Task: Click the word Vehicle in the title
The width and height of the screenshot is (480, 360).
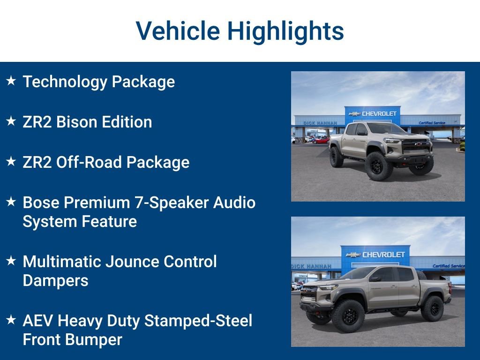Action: [x=178, y=31]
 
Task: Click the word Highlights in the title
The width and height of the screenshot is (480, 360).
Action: [x=285, y=31]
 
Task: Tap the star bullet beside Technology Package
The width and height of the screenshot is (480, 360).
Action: [x=11, y=81]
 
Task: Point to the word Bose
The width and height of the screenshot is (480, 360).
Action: [x=41, y=202]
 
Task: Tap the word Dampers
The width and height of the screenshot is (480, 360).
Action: [x=55, y=280]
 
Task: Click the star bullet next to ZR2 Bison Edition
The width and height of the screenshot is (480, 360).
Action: [x=11, y=121]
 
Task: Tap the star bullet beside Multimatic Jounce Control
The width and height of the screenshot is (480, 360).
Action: [x=11, y=261]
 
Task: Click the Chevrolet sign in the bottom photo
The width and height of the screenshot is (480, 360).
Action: [x=378, y=255]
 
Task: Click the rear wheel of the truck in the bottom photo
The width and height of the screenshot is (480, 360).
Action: [x=432, y=308]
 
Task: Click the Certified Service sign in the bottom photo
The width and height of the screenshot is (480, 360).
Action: [x=447, y=266]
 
